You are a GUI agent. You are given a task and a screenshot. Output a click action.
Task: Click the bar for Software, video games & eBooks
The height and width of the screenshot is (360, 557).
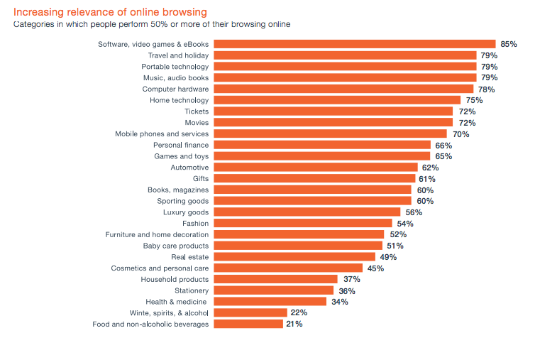click(x=354, y=44)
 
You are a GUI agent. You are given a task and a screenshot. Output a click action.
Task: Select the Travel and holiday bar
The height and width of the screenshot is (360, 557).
click(x=345, y=55)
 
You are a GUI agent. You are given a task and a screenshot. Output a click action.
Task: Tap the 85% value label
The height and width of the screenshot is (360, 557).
click(x=508, y=44)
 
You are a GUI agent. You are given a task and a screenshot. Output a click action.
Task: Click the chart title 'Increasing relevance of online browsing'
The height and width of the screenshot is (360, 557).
click(x=110, y=12)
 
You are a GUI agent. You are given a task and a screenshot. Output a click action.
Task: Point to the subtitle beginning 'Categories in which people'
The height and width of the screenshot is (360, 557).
click(x=152, y=24)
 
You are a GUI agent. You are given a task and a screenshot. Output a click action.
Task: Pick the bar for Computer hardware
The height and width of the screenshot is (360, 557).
click(x=343, y=89)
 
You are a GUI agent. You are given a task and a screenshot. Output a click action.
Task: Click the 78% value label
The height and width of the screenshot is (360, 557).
click(x=486, y=89)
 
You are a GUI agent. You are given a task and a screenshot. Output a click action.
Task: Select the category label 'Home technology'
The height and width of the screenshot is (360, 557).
click(x=179, y=100)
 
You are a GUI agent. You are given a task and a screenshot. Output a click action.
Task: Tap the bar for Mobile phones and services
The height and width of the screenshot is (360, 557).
click(x=330, y=133)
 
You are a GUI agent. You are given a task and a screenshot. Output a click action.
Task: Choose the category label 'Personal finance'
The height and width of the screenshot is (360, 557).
click(x=181, y=145)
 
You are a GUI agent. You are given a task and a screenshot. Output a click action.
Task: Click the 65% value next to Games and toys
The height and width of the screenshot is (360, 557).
click(x=443, y=156)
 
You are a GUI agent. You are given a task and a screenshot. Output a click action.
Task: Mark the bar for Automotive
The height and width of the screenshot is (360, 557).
click(x=316, y=168)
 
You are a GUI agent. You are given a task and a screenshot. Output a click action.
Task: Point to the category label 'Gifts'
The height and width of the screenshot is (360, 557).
click(x=201, y=178)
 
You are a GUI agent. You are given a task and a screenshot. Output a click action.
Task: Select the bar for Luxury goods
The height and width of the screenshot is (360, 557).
click(x=307, y=212)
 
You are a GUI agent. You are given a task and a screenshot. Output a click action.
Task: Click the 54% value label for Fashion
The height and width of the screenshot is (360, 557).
click(x=405, y=224)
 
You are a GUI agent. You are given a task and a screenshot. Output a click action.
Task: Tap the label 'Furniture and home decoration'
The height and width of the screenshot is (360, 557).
click(x=157, y=234)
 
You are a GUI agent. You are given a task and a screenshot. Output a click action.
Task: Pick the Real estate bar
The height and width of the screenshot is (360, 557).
click(x=294, y=256)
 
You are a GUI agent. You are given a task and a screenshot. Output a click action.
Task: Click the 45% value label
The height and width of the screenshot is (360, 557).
click(x=375, y=268)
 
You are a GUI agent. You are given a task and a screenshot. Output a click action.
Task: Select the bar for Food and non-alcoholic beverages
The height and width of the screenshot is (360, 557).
click(x=248, y=324)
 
